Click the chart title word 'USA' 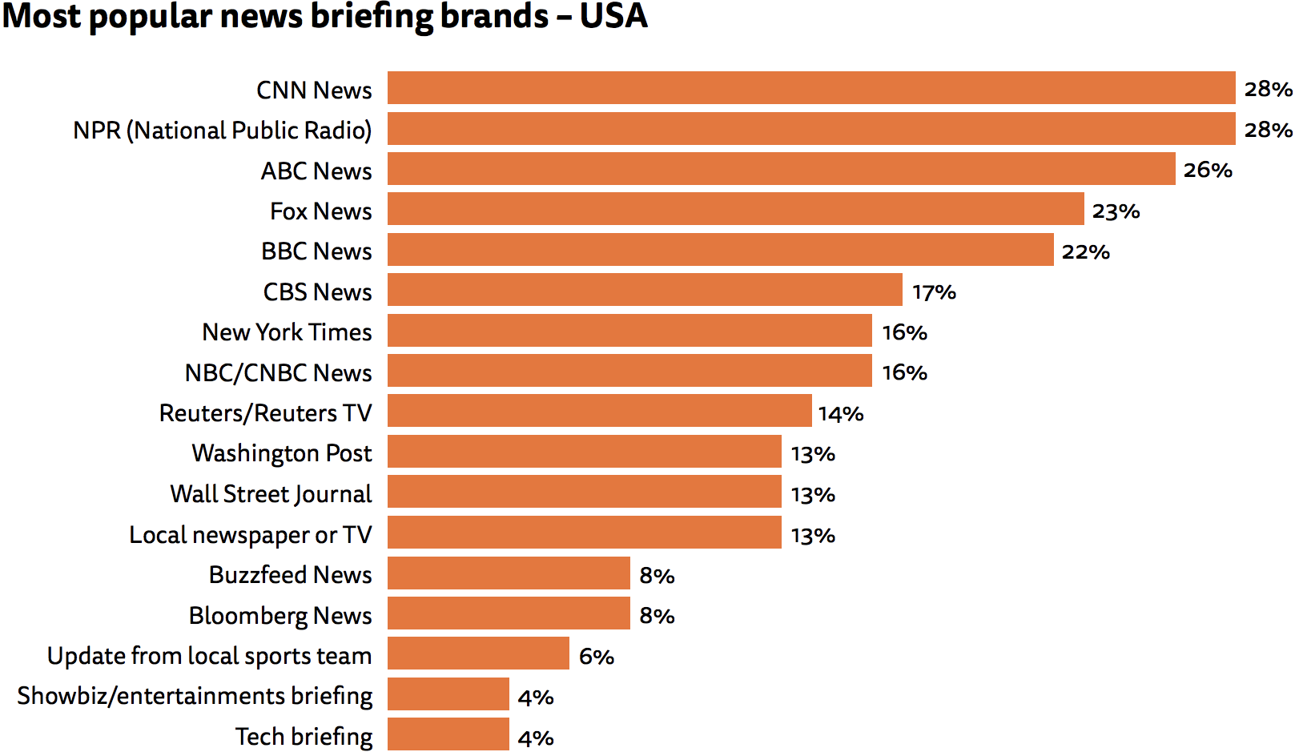(613, 16)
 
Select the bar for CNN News (810, 88)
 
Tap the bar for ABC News (781, 169)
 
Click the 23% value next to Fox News (1116, 211)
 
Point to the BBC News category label (316, 251)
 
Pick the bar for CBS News (645, 290)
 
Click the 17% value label (934, 292)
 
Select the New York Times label (287, 332)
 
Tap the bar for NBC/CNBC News (629, 371)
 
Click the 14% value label (841, 414)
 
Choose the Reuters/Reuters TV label (265, 412)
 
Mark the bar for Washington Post (584, 452)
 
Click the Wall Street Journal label (271, 493)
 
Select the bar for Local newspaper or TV (584, 533)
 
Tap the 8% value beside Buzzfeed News (657, 576)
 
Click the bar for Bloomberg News (509, 613)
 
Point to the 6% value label (597, 657)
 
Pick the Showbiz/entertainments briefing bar (448, 694)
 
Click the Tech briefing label (304, 736)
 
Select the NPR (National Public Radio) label (222, 130)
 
